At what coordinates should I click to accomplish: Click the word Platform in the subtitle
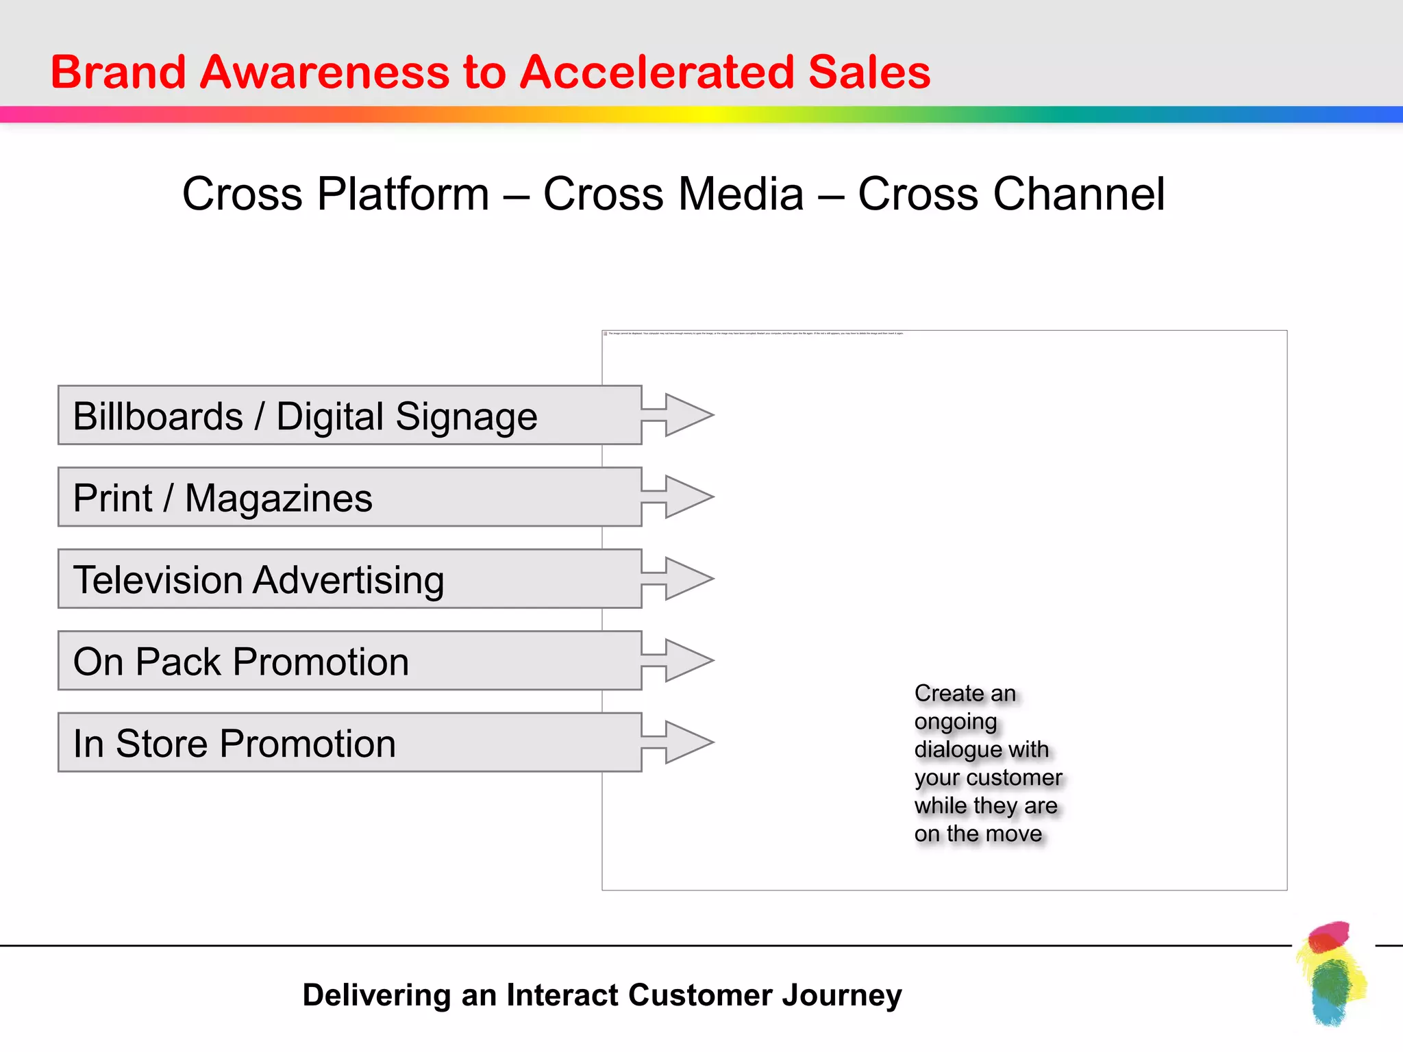(403, 194)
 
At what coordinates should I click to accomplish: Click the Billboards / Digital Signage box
(349, 415)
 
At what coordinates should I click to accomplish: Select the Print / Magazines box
(349, 497)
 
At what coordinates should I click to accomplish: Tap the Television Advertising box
(349, 579)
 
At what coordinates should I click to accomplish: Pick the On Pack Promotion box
(349, 661)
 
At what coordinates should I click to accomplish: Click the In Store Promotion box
(349, 742)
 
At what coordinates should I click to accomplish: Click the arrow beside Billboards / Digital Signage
(681, 415)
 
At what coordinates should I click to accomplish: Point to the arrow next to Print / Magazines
(681, 497)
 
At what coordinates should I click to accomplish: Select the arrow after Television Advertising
(681, 579)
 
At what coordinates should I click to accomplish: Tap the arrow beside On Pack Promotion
(681, 660)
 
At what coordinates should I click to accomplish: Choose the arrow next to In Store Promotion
(681, 742)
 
